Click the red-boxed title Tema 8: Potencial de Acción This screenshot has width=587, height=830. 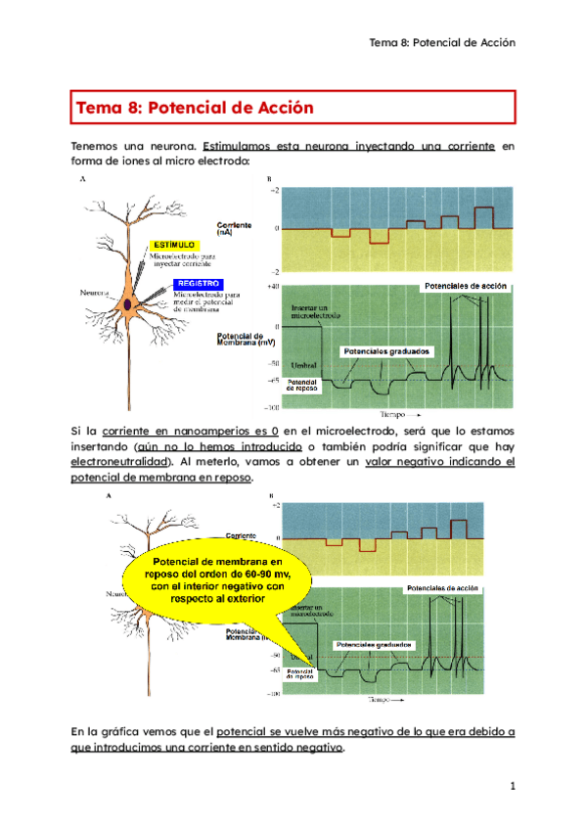197,106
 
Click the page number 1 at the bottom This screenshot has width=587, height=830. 511,786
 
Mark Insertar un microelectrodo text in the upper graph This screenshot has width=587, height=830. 315,313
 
